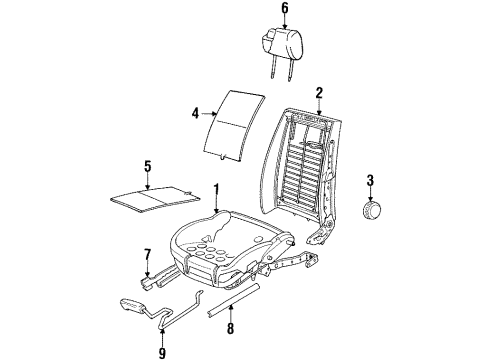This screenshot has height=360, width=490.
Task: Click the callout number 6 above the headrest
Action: (x=284, y=8)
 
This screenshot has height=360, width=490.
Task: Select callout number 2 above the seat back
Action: (x=319, y=93)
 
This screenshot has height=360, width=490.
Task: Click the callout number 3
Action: (x=370, y=180)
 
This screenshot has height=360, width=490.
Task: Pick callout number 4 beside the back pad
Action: (x=195, y=113)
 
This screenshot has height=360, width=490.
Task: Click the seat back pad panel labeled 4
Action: (x=234, y=126)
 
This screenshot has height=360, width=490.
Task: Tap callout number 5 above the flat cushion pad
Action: (x=148, y=166)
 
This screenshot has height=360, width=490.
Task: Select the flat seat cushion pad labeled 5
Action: (x=155, y=199)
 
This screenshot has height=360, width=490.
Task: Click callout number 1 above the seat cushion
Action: (x=216, y=189)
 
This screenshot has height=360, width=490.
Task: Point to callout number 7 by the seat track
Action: (x=148, y=254)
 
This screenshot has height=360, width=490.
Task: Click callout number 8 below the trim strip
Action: (x=230, y=328)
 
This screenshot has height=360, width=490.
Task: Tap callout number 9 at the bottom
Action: (x=162, y=352)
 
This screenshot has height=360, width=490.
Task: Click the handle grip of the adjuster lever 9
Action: (x=132, y=305)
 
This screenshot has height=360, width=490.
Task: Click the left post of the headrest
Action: (x=274, y=68)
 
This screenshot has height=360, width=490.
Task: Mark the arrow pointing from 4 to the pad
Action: (x=209, y=114)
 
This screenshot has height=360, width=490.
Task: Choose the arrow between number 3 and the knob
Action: (x=370, y=194)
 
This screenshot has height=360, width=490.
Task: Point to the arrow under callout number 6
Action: (x=285, y=22)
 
